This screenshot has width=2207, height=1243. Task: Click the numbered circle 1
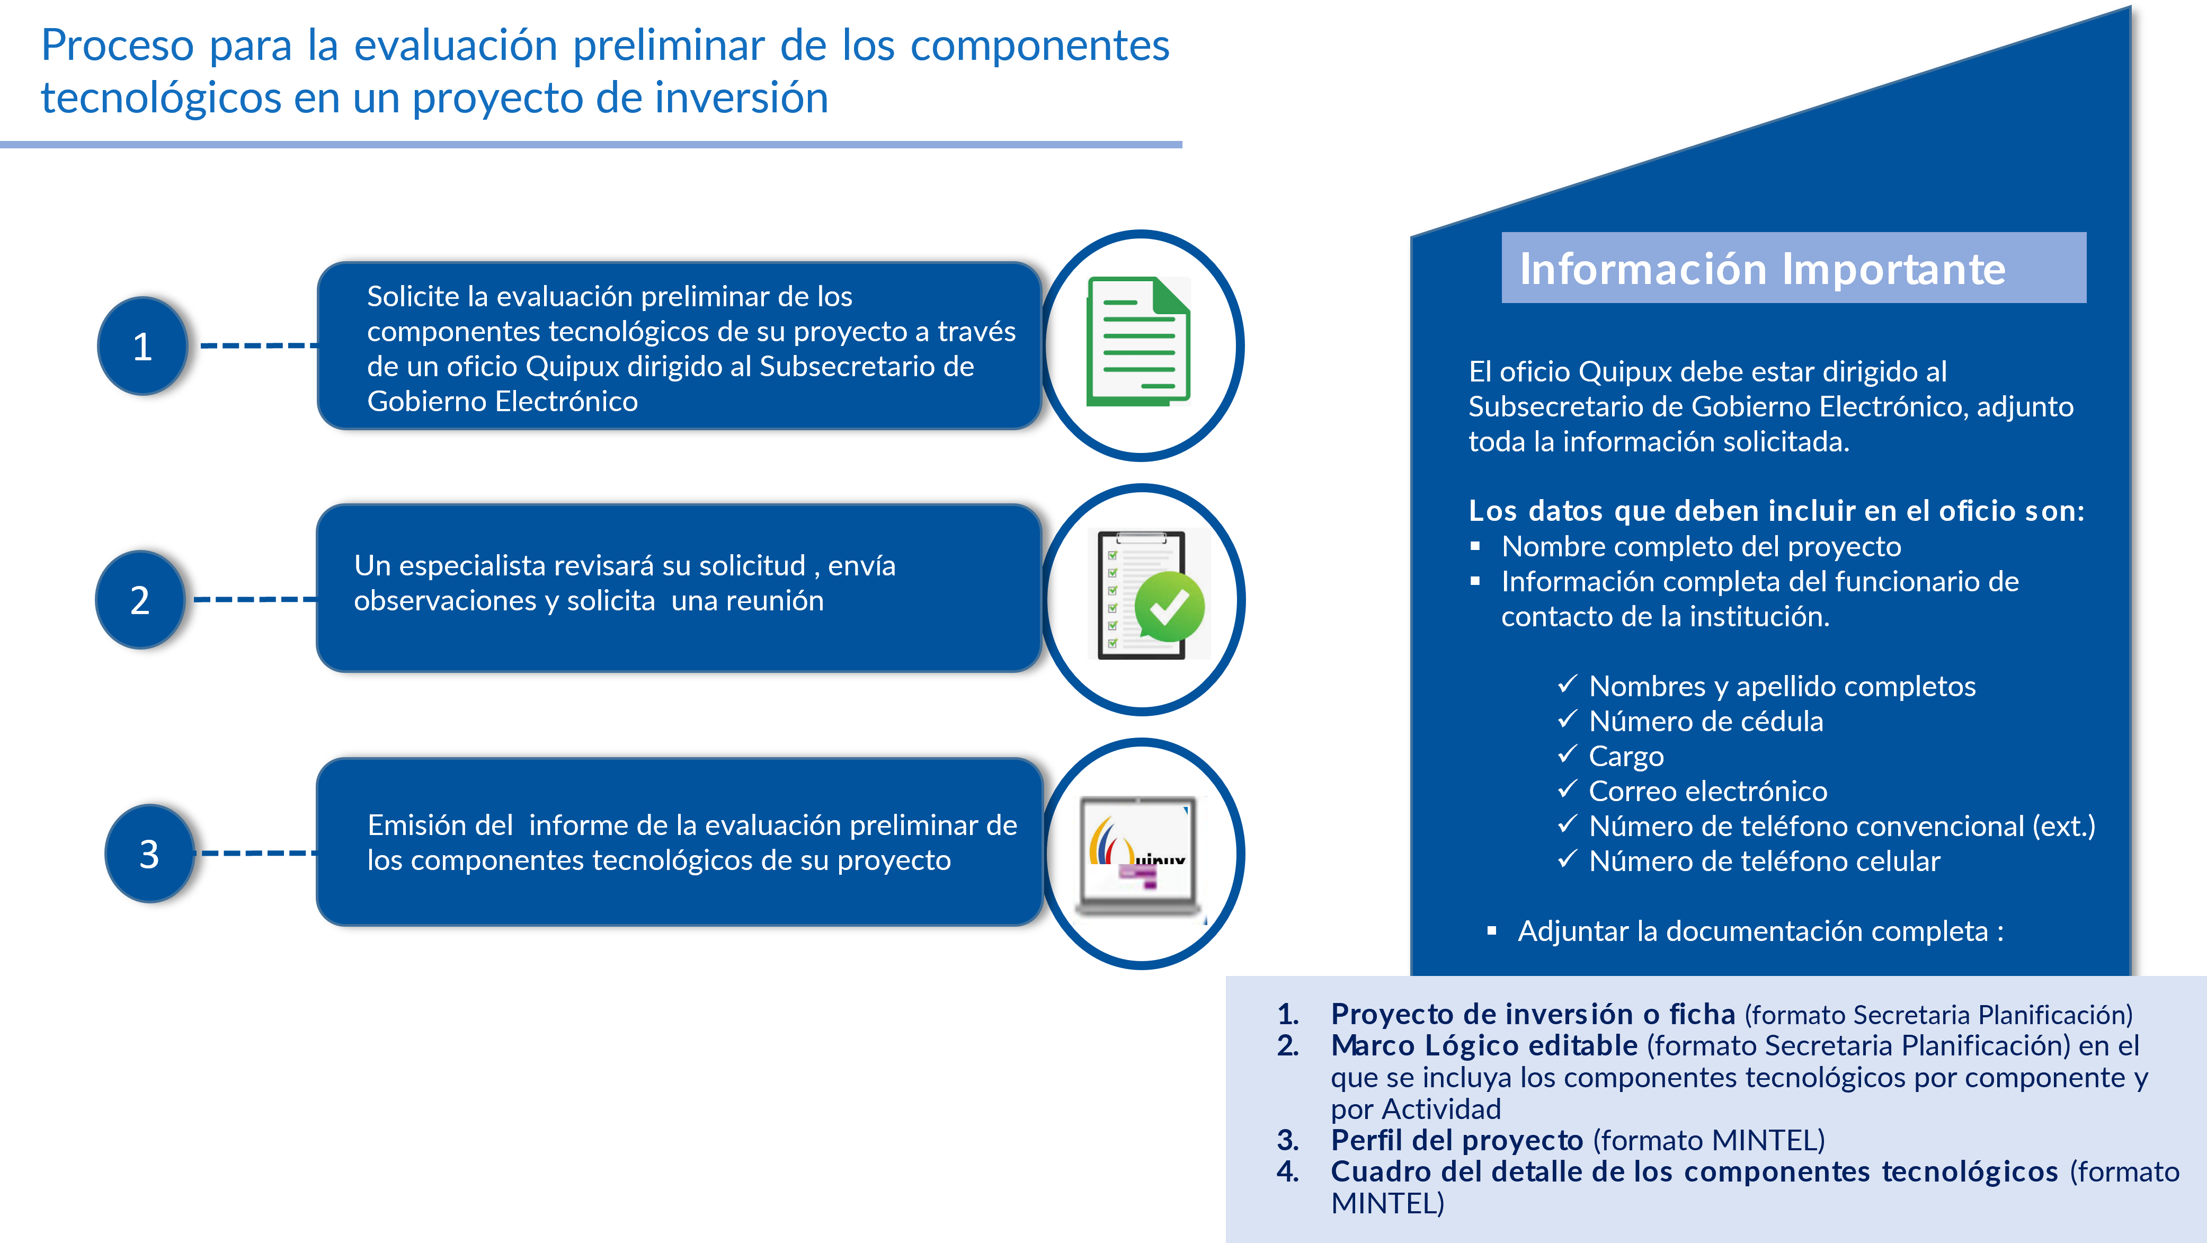(x=142, y=346)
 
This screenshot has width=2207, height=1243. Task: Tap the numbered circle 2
(x=140, y=600)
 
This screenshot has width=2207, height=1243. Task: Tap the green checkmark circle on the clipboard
(x=1169, y=607)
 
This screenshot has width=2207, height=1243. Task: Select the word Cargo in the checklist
(x=1625, y=757)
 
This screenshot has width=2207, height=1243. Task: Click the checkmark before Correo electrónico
(x=1567, y=789)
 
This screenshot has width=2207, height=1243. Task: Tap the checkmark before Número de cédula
(x=1567, y=720)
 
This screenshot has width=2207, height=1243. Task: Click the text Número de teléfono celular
(x=1764, y=861)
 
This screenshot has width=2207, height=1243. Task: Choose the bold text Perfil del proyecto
(x=1456, y=1140)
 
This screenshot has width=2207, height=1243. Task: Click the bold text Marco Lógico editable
(x=1484, y=1045)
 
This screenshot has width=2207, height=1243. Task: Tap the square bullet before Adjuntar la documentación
(x=1492, y=930)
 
